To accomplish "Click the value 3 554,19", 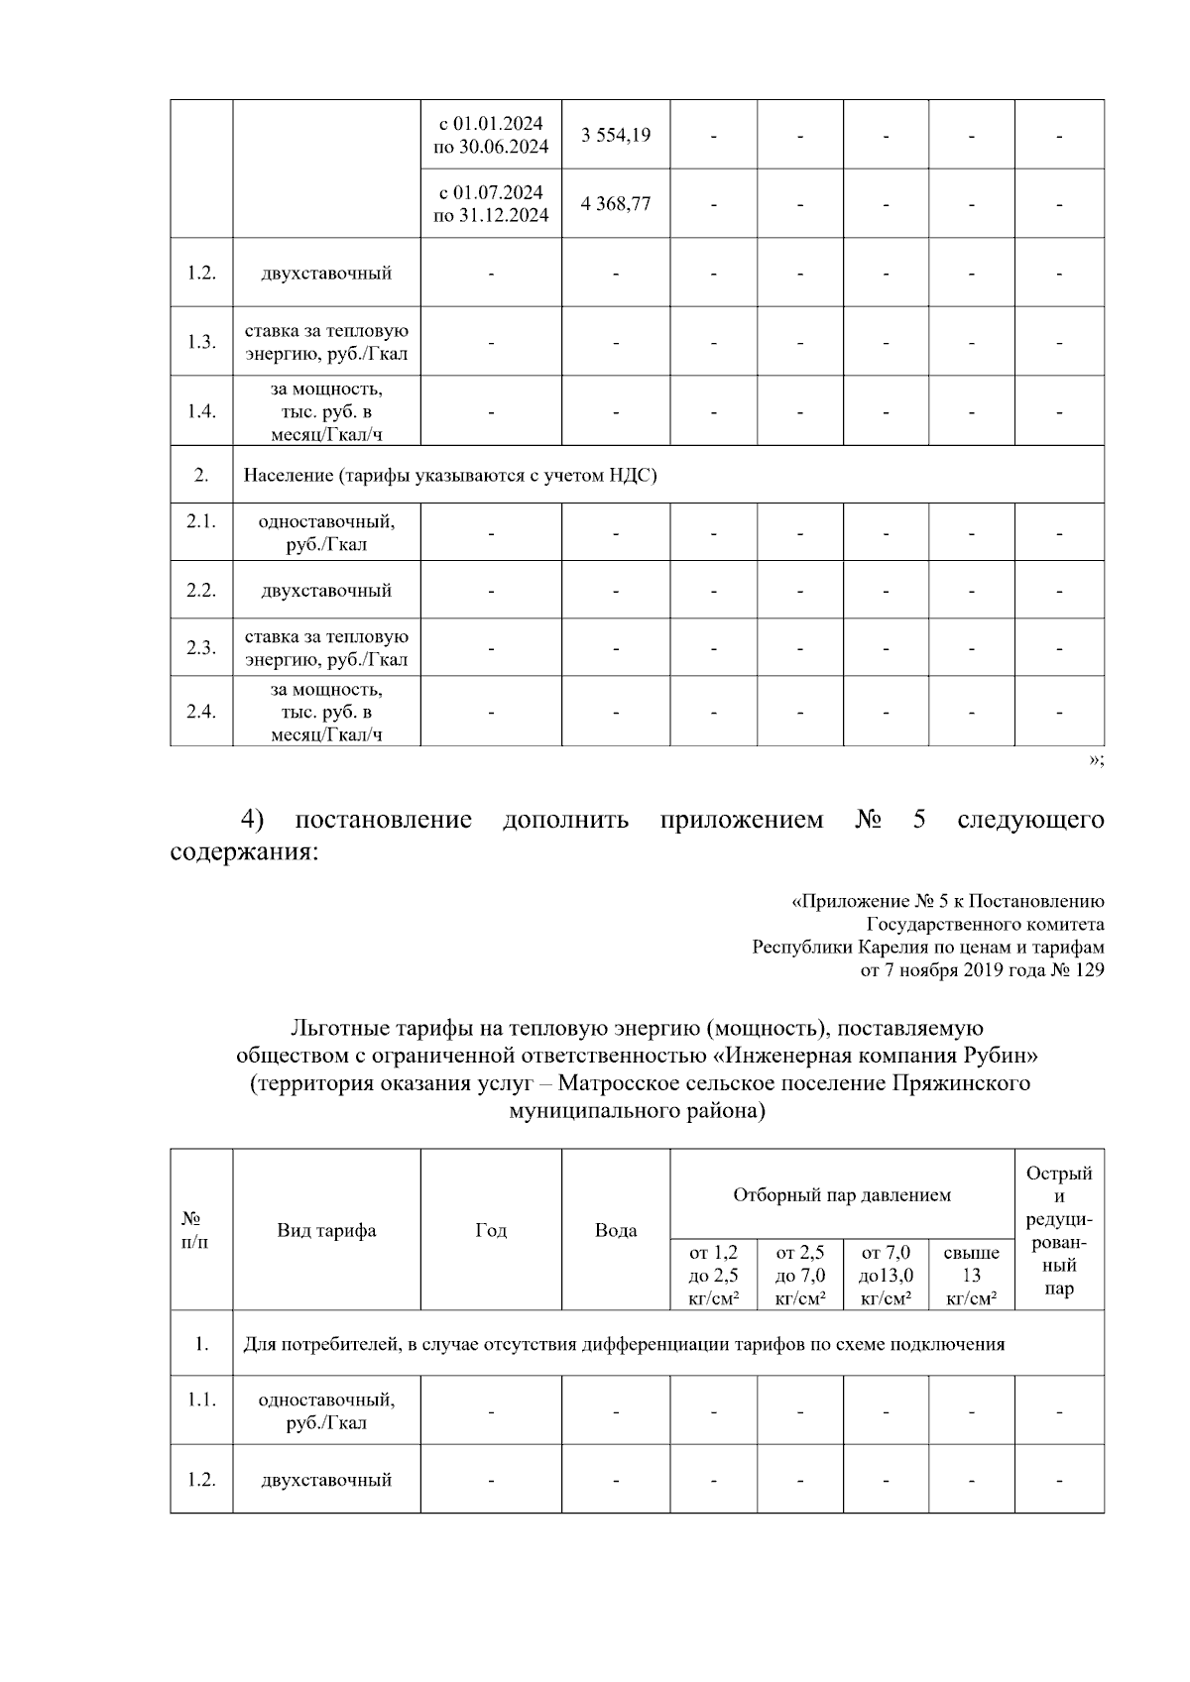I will click(x=616, y=135).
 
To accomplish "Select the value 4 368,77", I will click(x=616, y=203).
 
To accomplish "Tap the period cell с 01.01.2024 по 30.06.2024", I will click(x=491, y=135).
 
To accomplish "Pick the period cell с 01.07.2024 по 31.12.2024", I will click(x=491, y=203).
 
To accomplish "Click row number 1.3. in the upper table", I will click(x=201, y=342).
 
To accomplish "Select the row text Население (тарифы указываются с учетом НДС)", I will click(x=450, y=476).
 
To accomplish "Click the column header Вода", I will click(x=616, y=1231).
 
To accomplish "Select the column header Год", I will click(x=491, y=1231).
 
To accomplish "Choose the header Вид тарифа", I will click(x=326, y=1231).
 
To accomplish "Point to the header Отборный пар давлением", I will click(x=842, y=1195).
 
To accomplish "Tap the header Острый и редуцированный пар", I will click(x=1059, y=1231).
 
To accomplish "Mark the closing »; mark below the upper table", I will click(x=1096, y=760).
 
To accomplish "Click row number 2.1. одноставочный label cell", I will click(x=326, y=533).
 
